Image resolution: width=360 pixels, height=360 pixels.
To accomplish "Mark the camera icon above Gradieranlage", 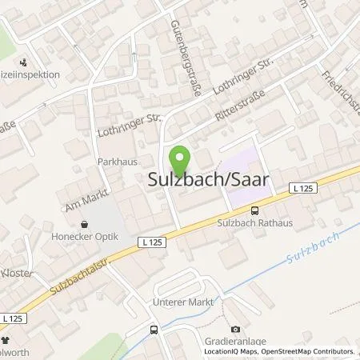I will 235,329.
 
